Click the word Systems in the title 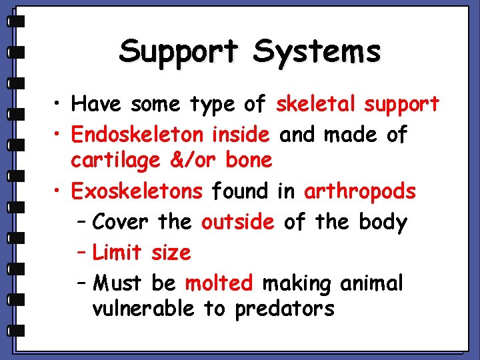(316, 51)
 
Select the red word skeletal (317, 104)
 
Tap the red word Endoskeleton (137, 135)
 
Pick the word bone (249, 161)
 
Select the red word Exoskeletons (137, 192)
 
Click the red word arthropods (360, 193)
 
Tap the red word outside (237, 222)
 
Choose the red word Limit (117, 253)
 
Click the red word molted (219, 283)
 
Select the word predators (285, 309)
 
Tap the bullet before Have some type (60, 105)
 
